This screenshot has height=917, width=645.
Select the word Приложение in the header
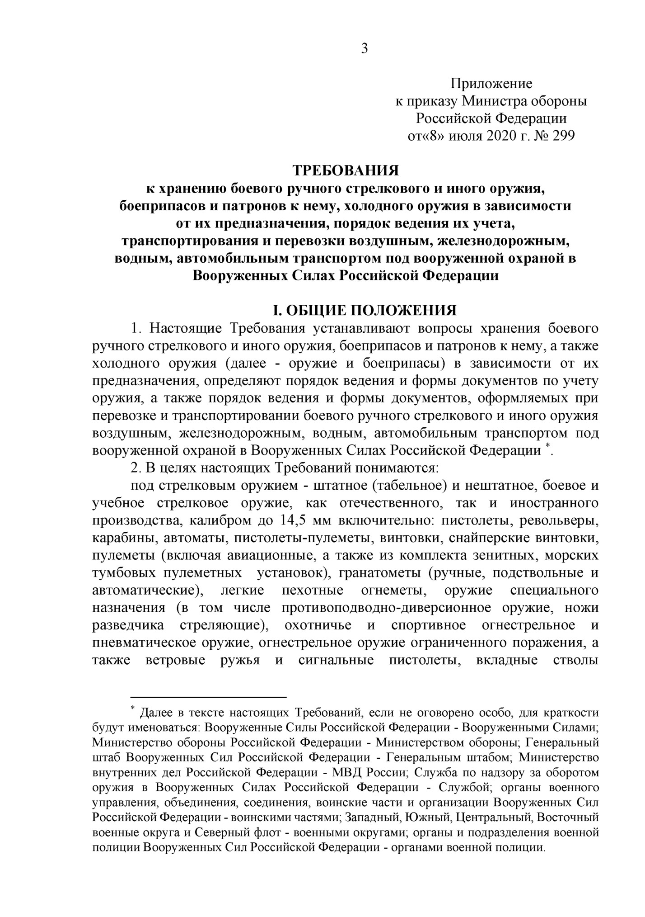pyautogui.click(x=491, y=84)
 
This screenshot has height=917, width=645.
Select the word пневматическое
pyautogui.click(x=143, y=643)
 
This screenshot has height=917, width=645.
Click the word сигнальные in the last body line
pyautogui.click(x=336, y=660)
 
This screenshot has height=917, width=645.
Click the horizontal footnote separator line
pyautogui.click(x=209, y=697)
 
